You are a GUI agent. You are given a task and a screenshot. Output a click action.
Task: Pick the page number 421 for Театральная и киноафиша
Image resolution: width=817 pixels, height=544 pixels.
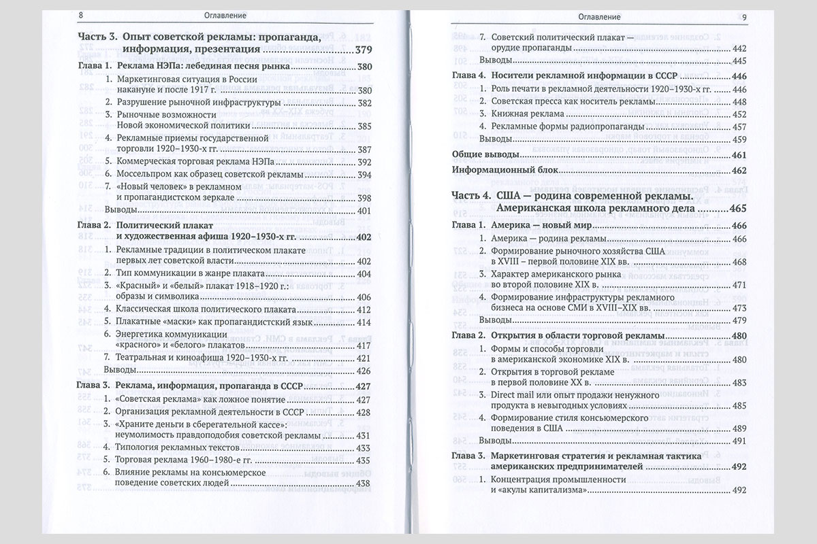[x=364, y=358]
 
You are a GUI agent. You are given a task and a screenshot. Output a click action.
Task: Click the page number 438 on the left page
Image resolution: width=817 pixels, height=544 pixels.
[x=364, y=483]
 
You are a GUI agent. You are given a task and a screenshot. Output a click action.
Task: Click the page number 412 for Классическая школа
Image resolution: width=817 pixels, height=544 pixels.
[x=364, y=309]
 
